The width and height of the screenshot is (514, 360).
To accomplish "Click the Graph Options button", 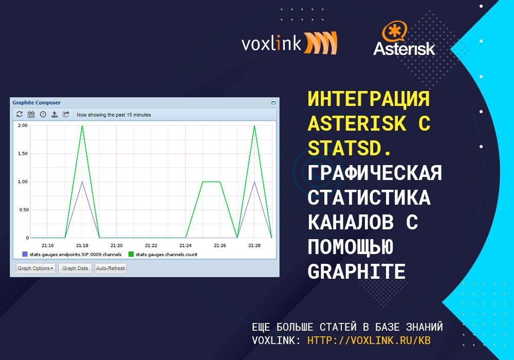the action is coord(36,268).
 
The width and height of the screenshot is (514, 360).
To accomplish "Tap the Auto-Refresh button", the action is coord(111,268).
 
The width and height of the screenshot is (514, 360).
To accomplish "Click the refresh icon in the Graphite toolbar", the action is coord(20,114).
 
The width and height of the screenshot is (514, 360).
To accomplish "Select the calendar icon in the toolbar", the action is coord(31,114).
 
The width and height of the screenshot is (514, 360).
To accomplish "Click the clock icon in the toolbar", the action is coord(43,114).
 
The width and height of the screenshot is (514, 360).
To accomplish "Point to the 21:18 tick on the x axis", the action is coord(82,245).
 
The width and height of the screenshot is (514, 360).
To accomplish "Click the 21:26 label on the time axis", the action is coord(220,245).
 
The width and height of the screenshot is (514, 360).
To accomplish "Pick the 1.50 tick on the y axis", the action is coord(23,153).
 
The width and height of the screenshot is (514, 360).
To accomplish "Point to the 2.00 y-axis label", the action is coord(23,125).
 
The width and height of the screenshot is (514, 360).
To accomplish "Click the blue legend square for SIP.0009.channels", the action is coord(25,254).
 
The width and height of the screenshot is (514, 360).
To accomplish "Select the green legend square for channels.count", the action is coord(131,254).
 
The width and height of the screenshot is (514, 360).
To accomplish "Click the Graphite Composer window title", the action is coord(36,103).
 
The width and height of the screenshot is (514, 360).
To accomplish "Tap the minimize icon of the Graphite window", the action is coord(273,103).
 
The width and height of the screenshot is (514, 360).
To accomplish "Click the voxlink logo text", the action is coord(271,44).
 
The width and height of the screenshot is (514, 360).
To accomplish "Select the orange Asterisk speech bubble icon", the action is coord(394,31).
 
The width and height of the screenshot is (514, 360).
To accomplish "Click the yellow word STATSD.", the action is coord(350,148).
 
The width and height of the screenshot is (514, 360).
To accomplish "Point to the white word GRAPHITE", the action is coord(357,272).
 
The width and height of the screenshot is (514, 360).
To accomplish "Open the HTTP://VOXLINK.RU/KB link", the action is coord(369,340).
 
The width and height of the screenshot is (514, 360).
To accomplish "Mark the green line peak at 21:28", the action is coord(254,125).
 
